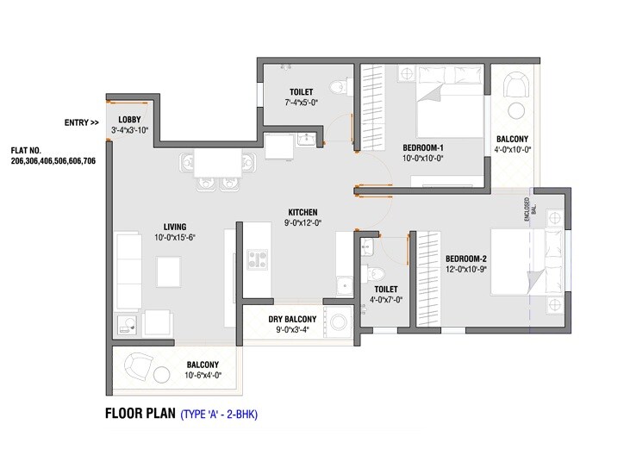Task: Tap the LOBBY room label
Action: point(129,119)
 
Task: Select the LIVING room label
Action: point(176,228)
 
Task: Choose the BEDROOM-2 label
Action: point(465,259)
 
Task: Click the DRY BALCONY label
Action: point(280,320)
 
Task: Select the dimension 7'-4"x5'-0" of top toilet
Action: point(301,103)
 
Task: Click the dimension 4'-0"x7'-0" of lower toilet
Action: point(384,301)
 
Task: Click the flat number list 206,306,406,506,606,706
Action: point(53,161)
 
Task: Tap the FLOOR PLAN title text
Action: point(139,413)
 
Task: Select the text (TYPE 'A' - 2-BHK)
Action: point(219,414)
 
